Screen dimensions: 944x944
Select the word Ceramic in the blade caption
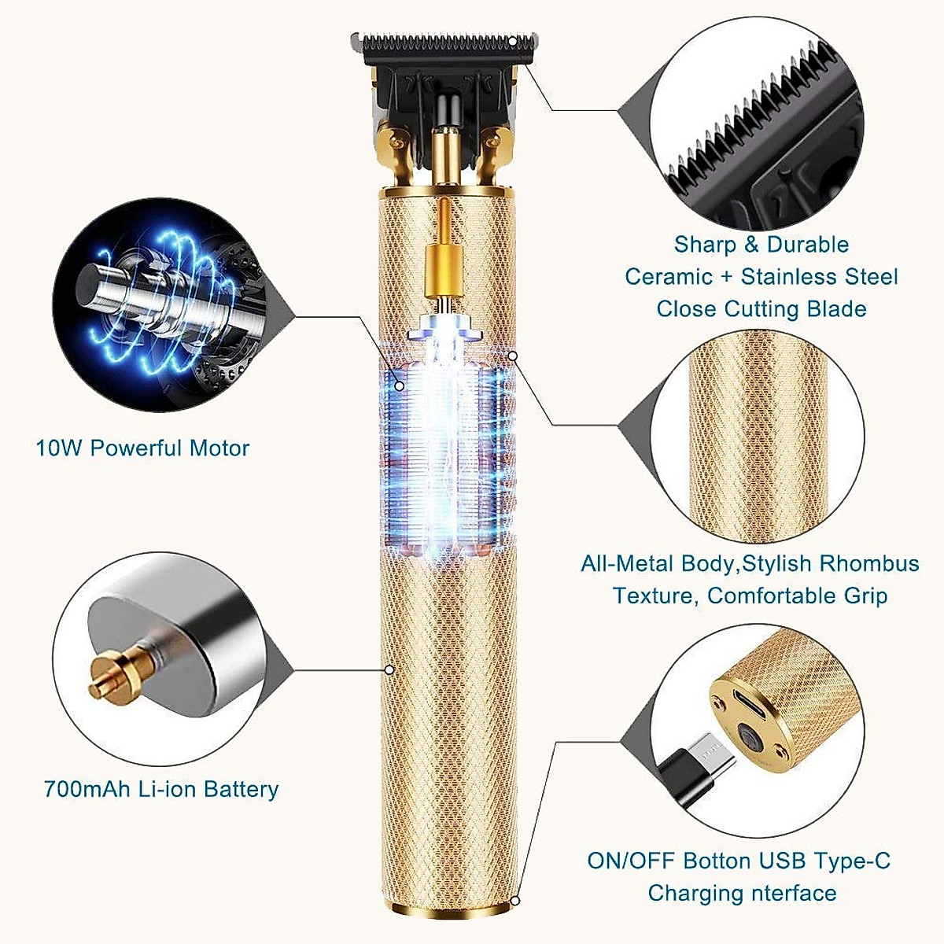(669, 277)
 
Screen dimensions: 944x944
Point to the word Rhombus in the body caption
(869, 564)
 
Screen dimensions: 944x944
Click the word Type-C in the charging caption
(850, 861)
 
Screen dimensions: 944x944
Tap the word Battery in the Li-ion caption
(241, 789)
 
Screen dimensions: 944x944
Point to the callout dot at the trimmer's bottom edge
(515, 902)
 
